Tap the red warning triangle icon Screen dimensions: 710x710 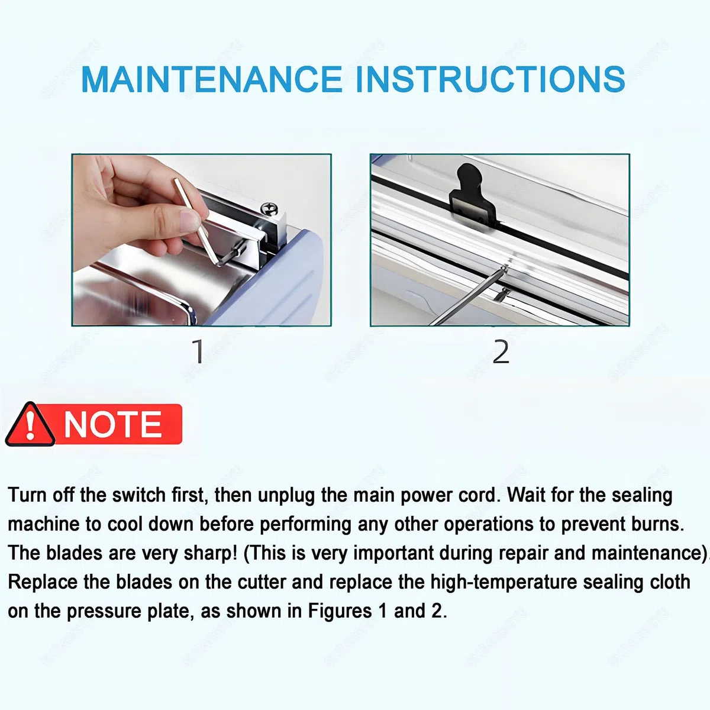tap(30, 425)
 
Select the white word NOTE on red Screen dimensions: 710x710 tap(113, 424)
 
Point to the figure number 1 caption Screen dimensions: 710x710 tap(198, 351)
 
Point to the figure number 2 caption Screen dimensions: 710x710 tap(501, 351)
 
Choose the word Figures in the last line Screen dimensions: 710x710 tap(340, 612)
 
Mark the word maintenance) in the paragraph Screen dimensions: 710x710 tap(649, 554)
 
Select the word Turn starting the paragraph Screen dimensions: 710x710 tap(27, 495)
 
